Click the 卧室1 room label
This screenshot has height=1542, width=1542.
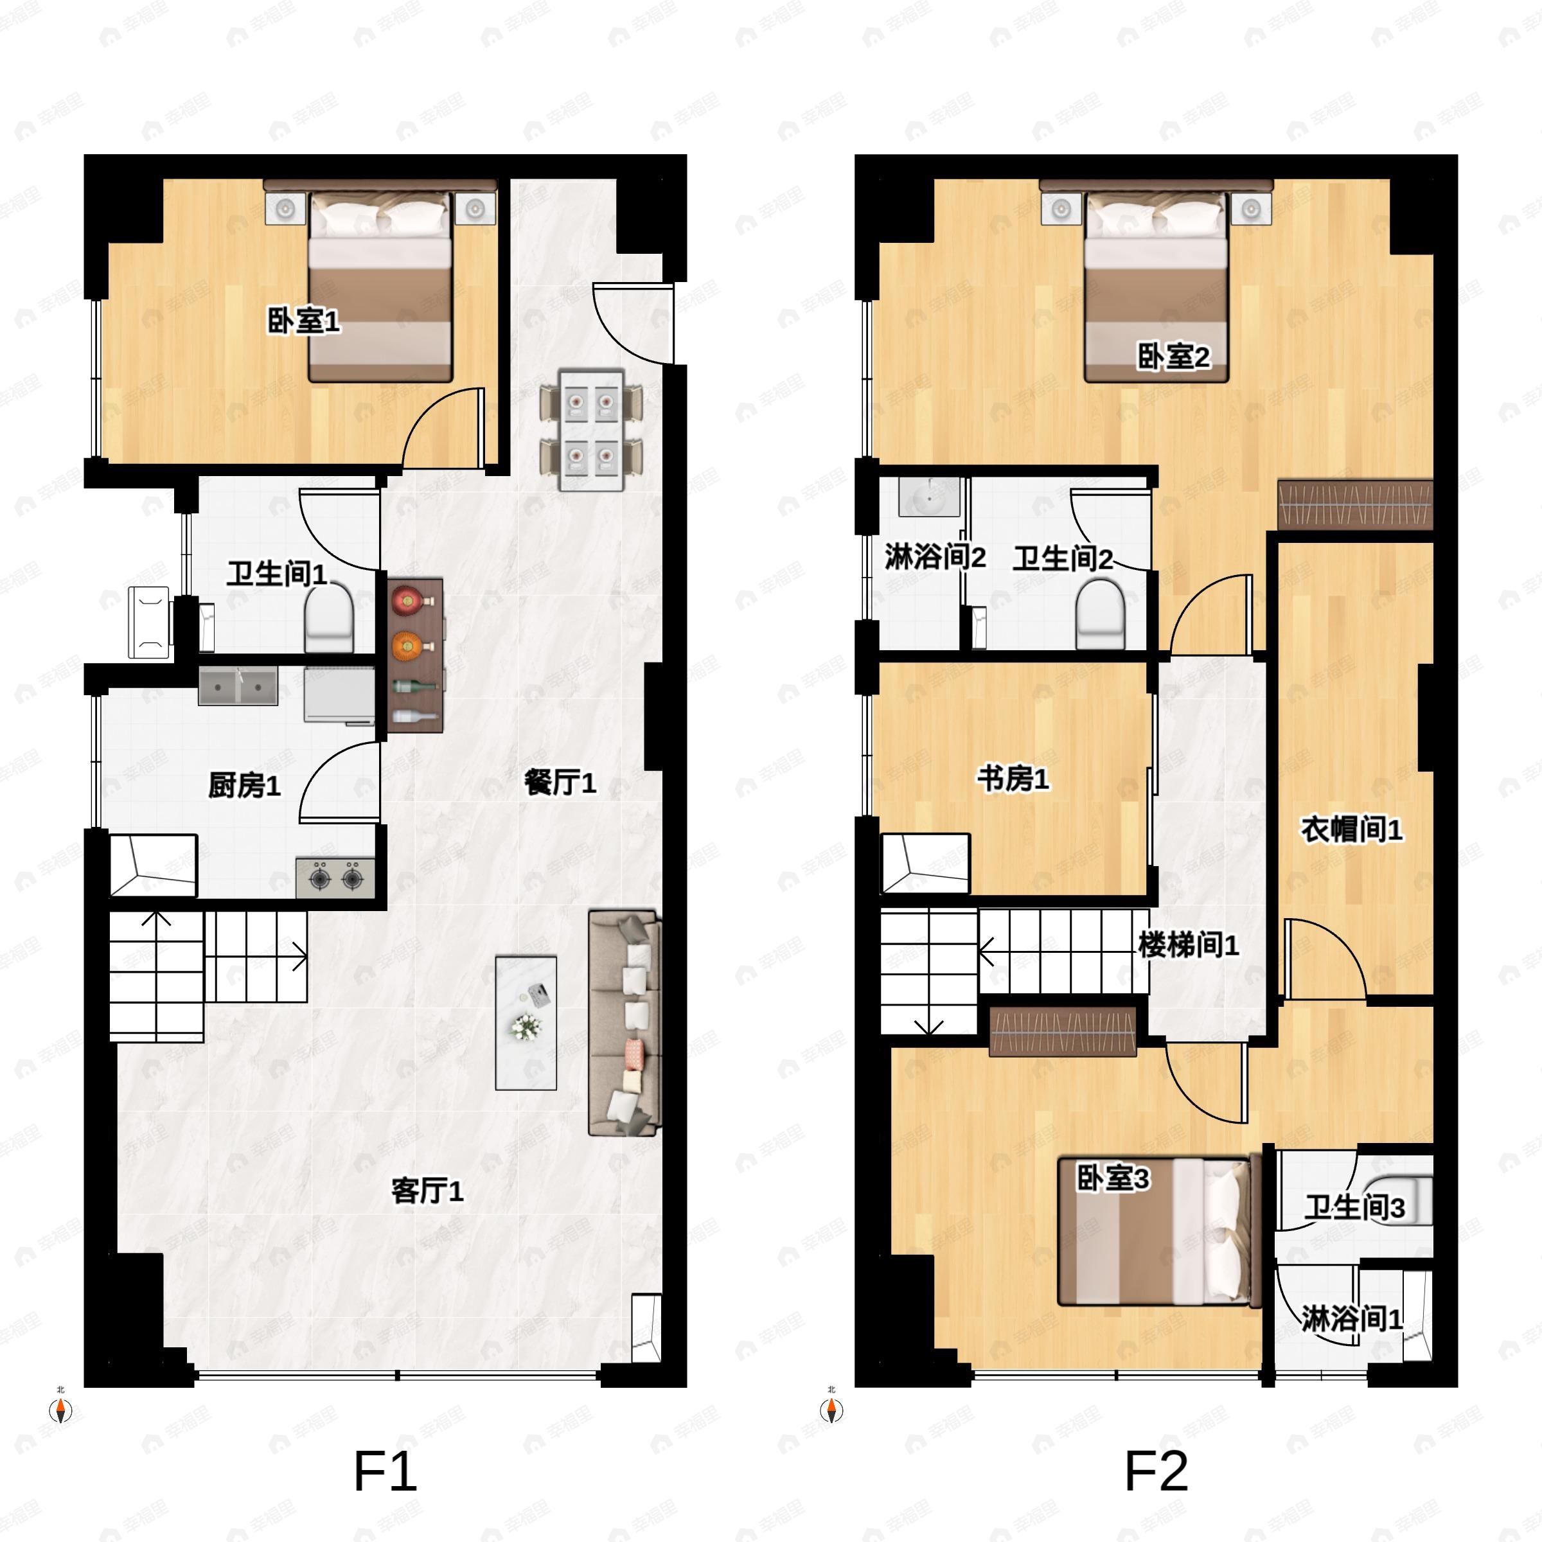click(x=303, y=322)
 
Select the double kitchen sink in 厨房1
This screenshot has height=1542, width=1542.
click(x=238, y=687)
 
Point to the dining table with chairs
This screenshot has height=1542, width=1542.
click(x=590, y=431)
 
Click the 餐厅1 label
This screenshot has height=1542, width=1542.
click(x=560, y=782)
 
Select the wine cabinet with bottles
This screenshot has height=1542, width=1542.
click(x=415, y=656)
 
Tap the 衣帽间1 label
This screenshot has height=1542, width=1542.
click(x=1351, y=830)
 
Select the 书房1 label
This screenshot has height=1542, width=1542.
click(x=1013, y=779)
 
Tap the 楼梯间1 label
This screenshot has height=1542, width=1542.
click(x=1187, y=946)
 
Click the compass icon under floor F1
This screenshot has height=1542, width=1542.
click(x=60, y=1411)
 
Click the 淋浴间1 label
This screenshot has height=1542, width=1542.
click(x=1351, y=1318)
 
